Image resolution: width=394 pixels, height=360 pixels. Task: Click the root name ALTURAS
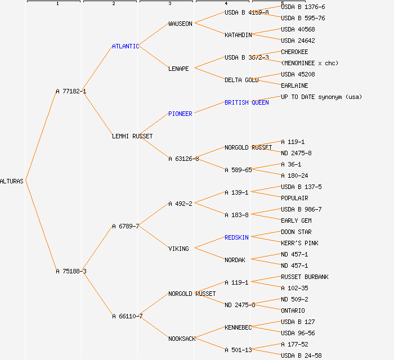tap(12, 181)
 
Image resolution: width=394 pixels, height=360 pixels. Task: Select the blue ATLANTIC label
tap(126, 46)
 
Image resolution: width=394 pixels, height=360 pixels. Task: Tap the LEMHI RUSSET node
tap(132, 136)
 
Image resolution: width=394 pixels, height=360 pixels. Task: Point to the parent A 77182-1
tap(71, 91)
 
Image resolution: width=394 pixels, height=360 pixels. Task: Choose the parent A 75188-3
tap(71, 271)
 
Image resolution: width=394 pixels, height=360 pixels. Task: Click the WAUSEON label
tap(180, 24)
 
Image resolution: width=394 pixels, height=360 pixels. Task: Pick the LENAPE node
tap(178, 69)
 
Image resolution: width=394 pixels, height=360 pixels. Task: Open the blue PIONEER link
tap(180, 114)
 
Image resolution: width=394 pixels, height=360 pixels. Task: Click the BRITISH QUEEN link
tap(247, 102)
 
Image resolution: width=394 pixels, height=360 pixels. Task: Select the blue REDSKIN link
tap(236, 237)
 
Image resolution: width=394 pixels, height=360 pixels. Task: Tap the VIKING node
tap(178, 249)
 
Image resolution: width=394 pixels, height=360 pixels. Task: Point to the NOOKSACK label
tap(182, 339)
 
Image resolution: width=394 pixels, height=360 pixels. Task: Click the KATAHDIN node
tap(238, 35)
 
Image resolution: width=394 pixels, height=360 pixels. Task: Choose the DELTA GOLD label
tap(241, 80)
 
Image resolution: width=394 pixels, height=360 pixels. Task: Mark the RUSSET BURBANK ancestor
tap(305, 277)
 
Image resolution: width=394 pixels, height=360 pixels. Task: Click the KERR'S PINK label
tap(299, 243)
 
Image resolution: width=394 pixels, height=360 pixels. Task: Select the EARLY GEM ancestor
tap(296, 220)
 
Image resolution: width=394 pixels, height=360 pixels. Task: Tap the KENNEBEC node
tap(238, 327)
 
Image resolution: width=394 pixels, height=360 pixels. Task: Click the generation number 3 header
tap(169, 4)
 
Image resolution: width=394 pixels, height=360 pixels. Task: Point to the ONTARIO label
tap(293, 310)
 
